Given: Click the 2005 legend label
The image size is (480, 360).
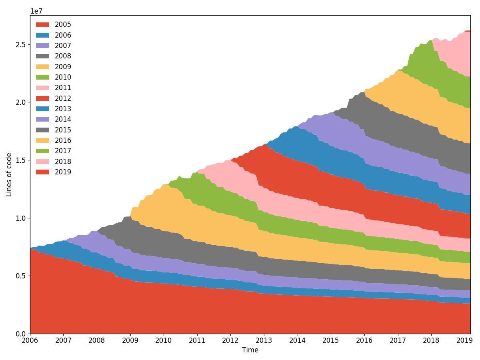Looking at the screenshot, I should (63, 25).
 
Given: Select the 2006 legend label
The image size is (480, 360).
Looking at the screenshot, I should (63, 35).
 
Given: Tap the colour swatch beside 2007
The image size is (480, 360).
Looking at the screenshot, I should (43, 46).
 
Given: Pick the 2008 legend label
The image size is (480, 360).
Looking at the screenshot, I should (63, 56).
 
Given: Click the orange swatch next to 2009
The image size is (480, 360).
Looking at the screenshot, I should (43, 67).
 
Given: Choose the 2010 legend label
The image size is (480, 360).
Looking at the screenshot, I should (63, 77).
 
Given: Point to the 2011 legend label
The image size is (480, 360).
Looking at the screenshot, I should (63, 88).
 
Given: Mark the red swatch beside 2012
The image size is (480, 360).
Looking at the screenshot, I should (43, 98).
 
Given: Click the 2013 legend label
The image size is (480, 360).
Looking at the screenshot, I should (63, 109).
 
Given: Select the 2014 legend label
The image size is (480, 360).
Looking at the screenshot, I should (63, 119).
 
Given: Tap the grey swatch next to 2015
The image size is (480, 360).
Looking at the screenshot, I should (43, 130).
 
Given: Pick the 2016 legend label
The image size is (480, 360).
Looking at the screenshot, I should (63, 140).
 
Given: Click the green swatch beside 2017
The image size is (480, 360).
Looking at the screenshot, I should (43, 151).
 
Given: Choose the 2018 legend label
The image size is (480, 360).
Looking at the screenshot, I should (63, 162).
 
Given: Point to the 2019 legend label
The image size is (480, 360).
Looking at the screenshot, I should (63, 172).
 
